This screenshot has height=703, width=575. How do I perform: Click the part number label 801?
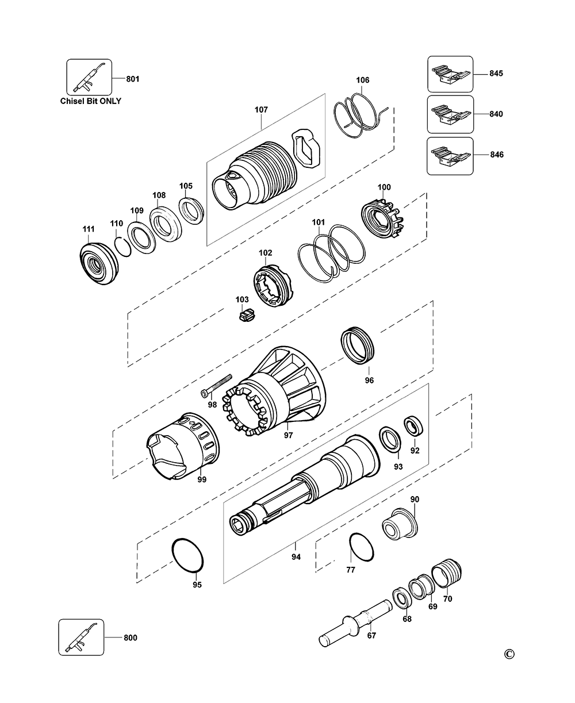click(x=132, y=78)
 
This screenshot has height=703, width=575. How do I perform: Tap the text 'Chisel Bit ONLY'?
click(x=91, y=101)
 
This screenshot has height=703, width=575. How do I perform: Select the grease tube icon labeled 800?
click(x=81, y=637)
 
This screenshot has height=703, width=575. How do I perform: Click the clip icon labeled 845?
click(x=450, y=74)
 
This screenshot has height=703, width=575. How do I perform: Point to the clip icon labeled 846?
click(x=450, y=156)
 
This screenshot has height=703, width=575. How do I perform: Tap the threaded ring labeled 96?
click(x=358, y=345)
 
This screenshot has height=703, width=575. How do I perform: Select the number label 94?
click(x=296, y=557)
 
